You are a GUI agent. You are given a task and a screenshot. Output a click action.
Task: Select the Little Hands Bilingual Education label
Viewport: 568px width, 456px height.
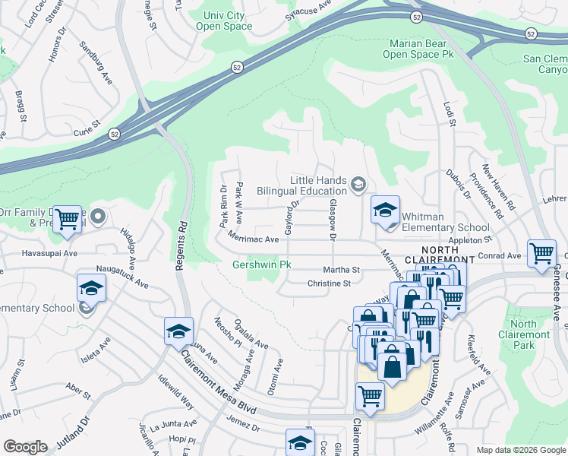(302, 185)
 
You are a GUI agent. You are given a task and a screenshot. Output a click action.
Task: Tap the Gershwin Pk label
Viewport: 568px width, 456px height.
(261, 264)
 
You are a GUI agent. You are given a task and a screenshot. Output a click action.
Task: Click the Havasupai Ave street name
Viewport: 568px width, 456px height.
(49, 253)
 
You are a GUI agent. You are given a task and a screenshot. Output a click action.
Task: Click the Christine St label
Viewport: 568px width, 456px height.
(329, 283)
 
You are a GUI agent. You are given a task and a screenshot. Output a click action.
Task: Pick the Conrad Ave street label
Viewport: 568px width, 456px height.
(504, 256)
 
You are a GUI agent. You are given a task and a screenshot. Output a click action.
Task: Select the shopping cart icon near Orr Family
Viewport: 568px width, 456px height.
(68, 219)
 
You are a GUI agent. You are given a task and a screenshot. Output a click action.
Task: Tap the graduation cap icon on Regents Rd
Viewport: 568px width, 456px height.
(178, 331)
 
